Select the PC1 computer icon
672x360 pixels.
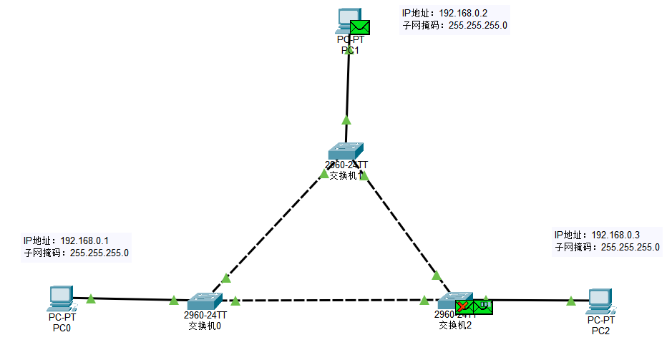(348, 20)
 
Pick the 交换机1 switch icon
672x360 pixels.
(347, 151)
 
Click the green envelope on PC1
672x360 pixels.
(360, 28)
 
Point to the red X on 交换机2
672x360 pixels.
(463, 306)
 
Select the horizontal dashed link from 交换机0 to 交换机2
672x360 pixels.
(329, 301)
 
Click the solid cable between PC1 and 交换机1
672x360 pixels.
(348, 86)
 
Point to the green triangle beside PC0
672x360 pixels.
(90, 298)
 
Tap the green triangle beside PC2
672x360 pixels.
(570, 301)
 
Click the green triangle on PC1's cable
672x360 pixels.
(346, 120)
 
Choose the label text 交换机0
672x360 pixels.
(205, 326)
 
